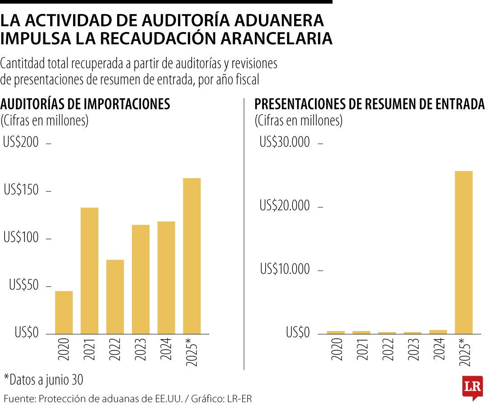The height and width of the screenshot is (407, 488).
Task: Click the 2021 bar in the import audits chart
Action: tap(89, 270)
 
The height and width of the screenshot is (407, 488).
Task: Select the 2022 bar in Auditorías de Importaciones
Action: tap(115, 297)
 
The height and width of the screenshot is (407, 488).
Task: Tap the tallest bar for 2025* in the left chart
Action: tap(192, 256)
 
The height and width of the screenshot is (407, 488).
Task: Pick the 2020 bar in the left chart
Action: tap(64, 312)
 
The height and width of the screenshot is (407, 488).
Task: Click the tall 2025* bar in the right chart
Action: tap(464, 252)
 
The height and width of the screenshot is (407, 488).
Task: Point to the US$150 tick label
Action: tap(21, 190)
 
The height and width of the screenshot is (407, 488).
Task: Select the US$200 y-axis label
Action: tap(21, 142)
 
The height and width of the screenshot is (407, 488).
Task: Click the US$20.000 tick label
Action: tap(285, 206)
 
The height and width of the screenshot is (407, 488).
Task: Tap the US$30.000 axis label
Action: tap(285, 142)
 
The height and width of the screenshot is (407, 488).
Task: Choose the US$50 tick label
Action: tap(23, 286)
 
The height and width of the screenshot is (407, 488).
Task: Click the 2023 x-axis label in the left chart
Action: tap(141, 349)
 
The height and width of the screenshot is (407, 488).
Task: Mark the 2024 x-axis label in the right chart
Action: tap(438, 349)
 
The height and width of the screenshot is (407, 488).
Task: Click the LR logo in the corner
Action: tap(472, 387)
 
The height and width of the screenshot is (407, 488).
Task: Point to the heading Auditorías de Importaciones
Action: tap(85, 104)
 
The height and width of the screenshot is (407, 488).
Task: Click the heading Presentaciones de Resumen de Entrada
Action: tap(369, 104)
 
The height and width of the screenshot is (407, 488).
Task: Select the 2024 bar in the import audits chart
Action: tap(166, 277)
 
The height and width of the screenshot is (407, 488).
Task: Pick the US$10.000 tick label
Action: tap(285, 269)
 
